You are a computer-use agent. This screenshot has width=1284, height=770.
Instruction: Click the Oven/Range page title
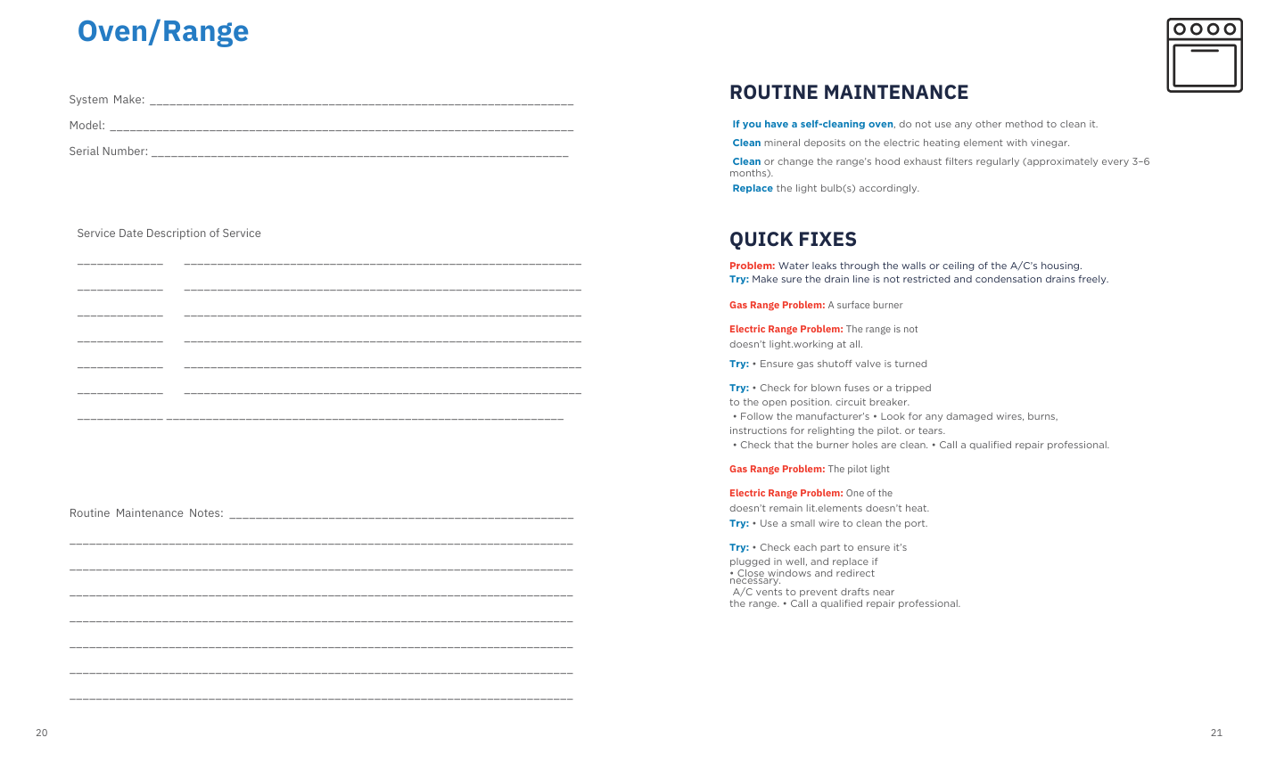coord(163,31)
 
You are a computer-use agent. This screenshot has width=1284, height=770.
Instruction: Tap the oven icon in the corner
coord(1204,55)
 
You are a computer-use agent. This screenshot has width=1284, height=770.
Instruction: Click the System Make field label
coord(107,100)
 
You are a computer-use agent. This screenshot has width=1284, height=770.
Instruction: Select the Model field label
coord(87,126)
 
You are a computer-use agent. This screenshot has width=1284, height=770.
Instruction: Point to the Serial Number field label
coord(109,152)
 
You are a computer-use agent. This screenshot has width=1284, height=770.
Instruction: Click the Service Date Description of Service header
coord(169,233)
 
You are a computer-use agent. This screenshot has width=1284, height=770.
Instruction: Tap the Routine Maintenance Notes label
coord(146,513)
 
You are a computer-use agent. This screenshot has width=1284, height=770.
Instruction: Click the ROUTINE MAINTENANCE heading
coord(848,93)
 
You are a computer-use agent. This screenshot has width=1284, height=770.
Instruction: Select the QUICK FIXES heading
coord(793,239)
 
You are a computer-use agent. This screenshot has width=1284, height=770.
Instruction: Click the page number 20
coord(42,733)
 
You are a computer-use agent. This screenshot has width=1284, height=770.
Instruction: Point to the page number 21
coord(1216,733)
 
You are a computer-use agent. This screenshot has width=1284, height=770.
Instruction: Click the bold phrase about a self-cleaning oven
coord(812,125)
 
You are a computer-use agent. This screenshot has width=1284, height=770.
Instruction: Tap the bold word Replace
coord(753,189)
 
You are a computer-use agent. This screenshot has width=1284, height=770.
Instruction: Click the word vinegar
coord(1050,143)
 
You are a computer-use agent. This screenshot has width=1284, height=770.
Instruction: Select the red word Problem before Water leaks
coord(752,266)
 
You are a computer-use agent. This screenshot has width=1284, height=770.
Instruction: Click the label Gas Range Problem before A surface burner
coord(777,305)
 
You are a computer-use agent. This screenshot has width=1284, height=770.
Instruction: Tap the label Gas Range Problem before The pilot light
coord(777,469)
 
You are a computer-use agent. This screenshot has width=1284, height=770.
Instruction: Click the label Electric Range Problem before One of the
coord(786,493)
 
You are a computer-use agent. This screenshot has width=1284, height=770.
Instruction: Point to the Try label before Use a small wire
coord(739,523)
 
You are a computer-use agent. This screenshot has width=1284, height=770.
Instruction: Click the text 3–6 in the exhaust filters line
coord(1140,162)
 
